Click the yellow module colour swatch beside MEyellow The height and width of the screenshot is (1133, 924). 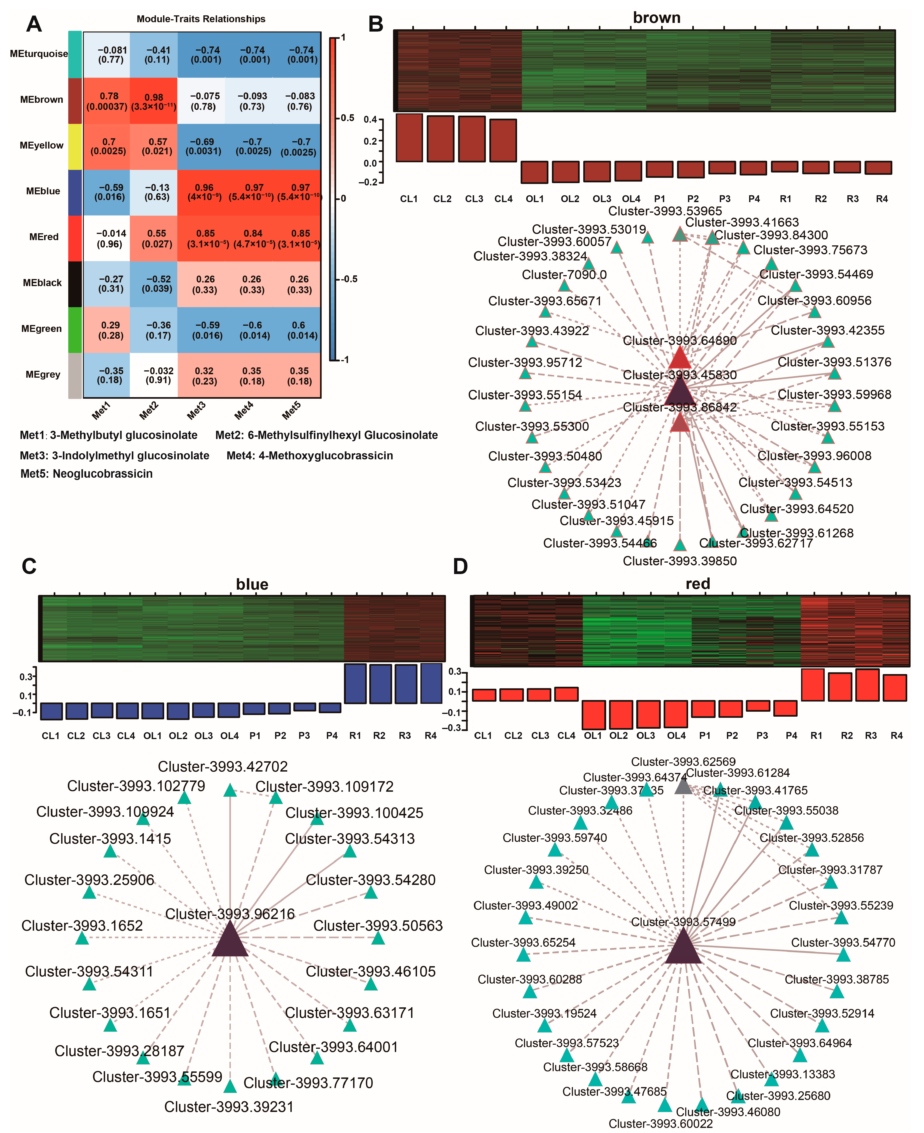pos(75,146)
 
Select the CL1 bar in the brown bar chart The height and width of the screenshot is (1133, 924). pos(409,138)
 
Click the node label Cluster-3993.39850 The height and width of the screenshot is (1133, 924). pos(680,561)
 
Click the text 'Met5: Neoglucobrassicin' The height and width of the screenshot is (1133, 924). pos(86,473)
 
